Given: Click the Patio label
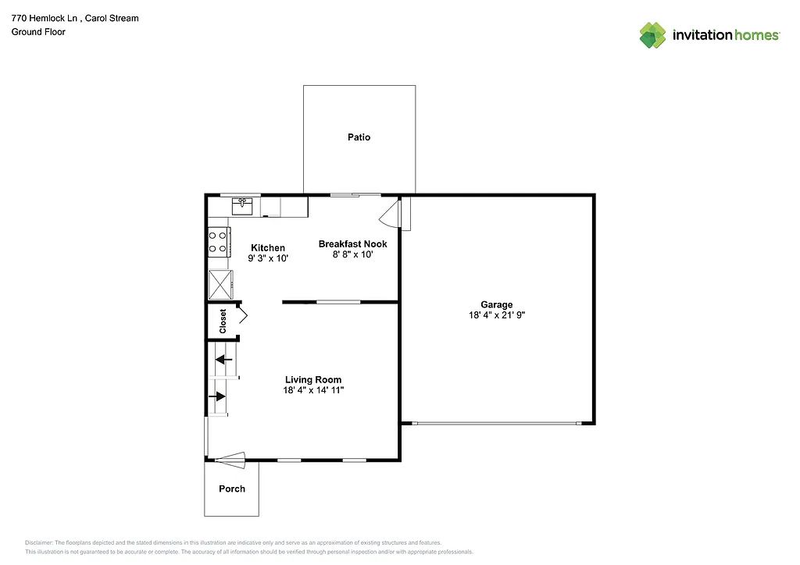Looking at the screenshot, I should [x=359, y=137].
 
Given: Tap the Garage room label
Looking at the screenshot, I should [x=496, y=305].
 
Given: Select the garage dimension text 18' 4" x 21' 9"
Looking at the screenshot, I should [x=496, y=315].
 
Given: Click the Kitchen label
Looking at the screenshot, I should [x=267, y=248].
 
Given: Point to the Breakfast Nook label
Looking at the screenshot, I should [x=352, y=244].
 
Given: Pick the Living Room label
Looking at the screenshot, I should [x=312, y=380].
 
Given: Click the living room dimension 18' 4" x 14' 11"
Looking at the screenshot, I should [x=313, y=390].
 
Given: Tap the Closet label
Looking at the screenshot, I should [x=223, y=321].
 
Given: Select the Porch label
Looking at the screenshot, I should [x=231, y=489].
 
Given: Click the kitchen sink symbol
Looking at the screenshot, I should [x=242, y=205].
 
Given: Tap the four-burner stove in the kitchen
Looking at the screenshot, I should [x=219, y=243].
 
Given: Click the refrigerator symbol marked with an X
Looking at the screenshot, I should [x=220, y=284].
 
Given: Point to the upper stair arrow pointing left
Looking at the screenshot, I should [x=224, y=360].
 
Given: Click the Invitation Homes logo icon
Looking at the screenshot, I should [x=652, y=35].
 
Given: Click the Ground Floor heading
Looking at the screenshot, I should [x=38, y=32].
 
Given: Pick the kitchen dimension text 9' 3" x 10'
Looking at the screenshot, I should [x=268, y=258].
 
